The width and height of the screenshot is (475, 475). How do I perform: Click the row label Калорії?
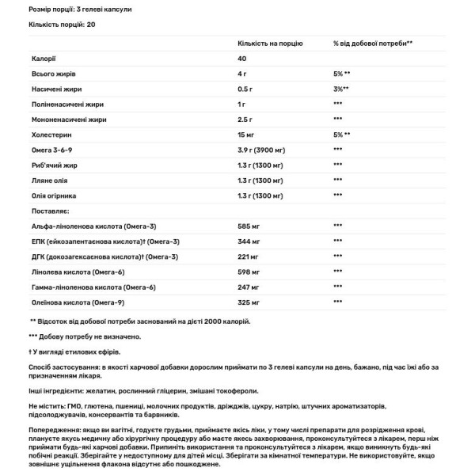coord(44,59)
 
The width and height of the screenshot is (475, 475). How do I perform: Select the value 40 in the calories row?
coord(242,59)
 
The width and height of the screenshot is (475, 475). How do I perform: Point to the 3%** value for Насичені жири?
coord(341,89)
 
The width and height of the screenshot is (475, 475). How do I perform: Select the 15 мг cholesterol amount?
coord(246,135)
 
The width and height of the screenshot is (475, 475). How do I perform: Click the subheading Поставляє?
coord(50,211)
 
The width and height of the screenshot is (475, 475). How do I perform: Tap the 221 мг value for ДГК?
coord(248,256)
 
